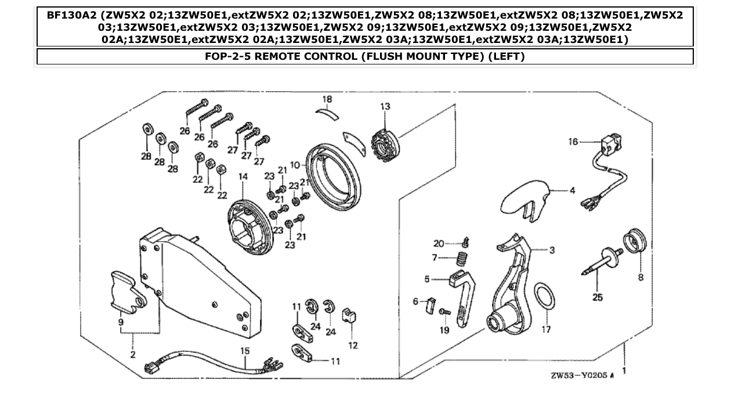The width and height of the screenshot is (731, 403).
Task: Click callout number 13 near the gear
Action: click(385, 107)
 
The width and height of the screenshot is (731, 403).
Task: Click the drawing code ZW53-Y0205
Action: click(578, 376)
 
